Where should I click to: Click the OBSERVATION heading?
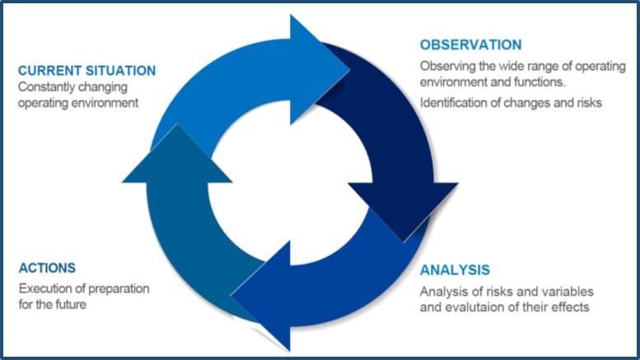[x=470, y=44]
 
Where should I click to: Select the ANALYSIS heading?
[x=455, y=270]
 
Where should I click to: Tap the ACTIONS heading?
[x=47, y=268]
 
